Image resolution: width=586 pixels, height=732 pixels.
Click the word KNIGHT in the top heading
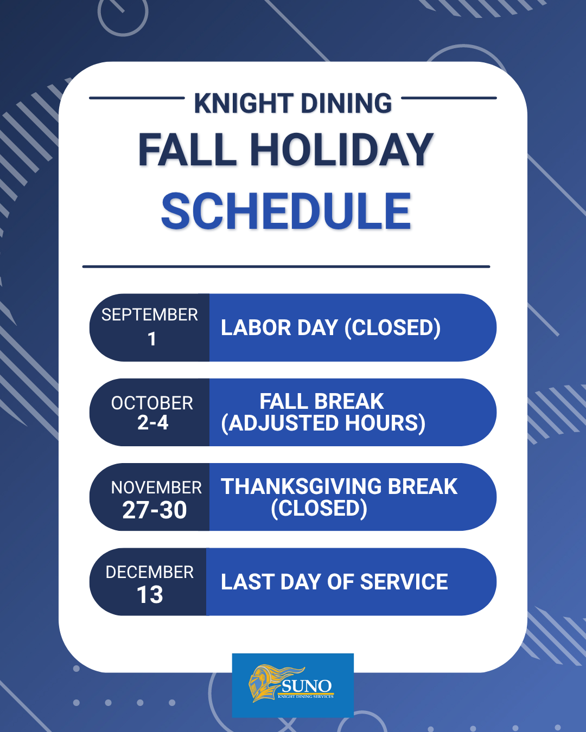pyautogui.click(x=244, y=103)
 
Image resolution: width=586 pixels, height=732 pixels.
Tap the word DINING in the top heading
pyautogui.click(x=346, y=103)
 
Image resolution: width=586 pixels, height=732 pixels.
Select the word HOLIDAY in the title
pyautogui.click(x=342, y=150)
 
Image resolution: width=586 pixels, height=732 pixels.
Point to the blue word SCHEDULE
pyautogui.click(x=286, y=211)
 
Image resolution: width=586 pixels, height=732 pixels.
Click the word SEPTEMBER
pyautogui.click(x=149, y=314)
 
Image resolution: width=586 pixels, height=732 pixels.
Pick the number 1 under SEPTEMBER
pyautogui.click(x=152, y=339)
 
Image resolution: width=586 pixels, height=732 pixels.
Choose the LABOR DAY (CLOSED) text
pyautogui.click(x=330, y=328)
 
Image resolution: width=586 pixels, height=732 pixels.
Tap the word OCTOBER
pyautogui.click(x=152, y=403)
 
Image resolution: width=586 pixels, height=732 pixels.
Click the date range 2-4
pyautogui.click(x=153, y=423)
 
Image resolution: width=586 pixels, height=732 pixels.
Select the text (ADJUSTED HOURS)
pyautogui.click(x=323, y=423)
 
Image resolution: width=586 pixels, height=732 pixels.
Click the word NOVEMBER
pyautogui.click(x=156, y=487)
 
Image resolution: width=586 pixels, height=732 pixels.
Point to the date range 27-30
pyautogui.click(x=155, y=510)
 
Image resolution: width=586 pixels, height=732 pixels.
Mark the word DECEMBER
pyautogui.click(x=149, y=572)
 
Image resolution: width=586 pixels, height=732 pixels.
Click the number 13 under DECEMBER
pyautogui.click(x=150, y=595)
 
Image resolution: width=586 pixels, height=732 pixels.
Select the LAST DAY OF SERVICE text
pyautogui.click(x=334, y=582)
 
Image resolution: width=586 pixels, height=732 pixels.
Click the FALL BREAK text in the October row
pyautogui.click(x=322, y=401)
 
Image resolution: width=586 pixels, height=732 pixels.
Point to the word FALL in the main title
pyautogui.click(x=187, y=150)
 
